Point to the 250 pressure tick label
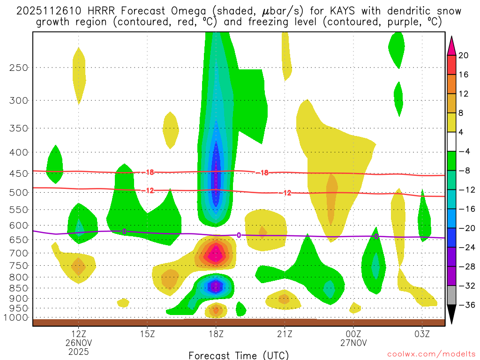tap(19, 67)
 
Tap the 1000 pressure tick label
tap(17, 318)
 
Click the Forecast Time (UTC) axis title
tap(239, 355)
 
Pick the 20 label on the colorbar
tap(464, 55)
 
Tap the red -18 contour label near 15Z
tap(149, 172)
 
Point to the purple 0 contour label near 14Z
tap(124, 231)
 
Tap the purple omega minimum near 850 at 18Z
tap(215, 285)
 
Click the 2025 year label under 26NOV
tap(78, 351)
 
